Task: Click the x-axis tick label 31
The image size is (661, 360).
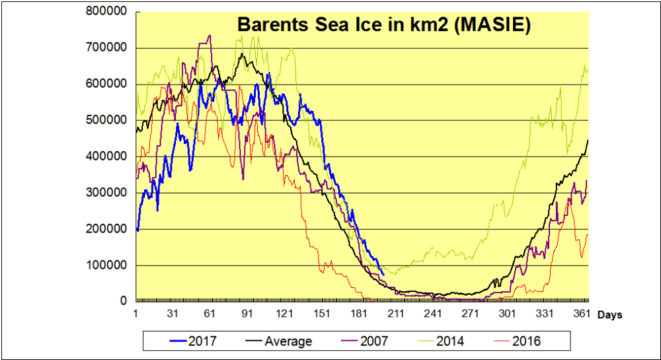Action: (173, 313)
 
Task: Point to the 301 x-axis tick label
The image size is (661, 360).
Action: (508, 313)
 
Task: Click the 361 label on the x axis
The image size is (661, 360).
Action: (581, 313)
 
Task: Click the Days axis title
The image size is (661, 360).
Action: (609, 315)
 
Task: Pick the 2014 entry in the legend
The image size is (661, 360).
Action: (450, 341)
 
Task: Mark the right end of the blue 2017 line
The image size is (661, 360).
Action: (383, 274)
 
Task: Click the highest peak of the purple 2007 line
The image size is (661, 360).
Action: (210, 36)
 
